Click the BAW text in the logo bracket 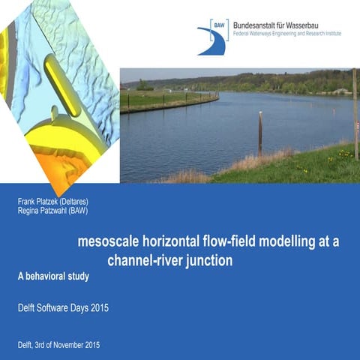(x=217, y=25)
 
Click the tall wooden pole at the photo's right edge (x=355, y=112)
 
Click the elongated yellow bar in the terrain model (x=62, y=84)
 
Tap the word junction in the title (x=207, y=261)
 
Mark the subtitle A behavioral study (x=53, y=277)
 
